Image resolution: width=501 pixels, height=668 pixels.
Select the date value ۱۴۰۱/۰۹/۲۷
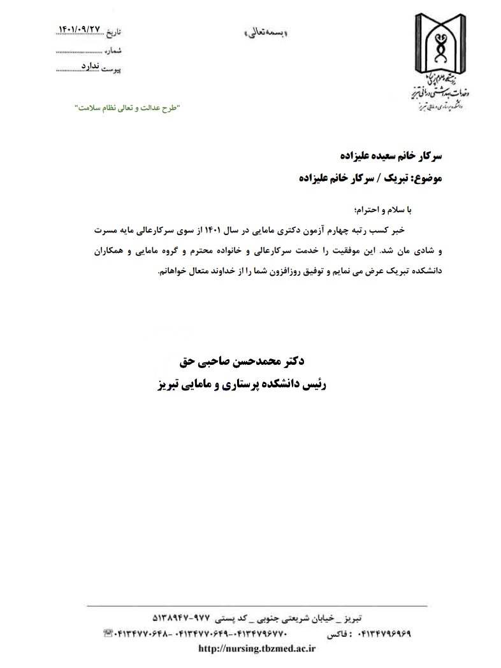[80, 29]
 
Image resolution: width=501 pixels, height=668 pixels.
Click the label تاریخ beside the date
[112, 31]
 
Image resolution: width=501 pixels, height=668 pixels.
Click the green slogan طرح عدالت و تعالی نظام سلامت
[127, 108]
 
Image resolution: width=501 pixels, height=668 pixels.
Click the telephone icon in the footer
[106, 634]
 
